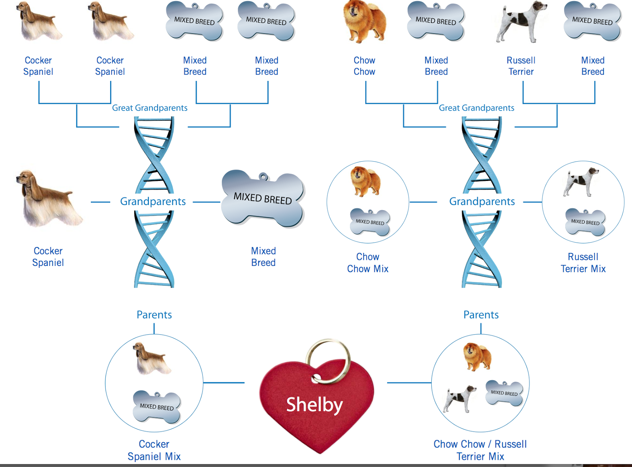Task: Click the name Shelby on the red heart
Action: (314, 405)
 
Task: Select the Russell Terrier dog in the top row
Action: (521, 22)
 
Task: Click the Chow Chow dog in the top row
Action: (365, 22)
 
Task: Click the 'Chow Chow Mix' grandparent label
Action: (368, 263)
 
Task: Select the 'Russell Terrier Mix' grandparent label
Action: (583, 263)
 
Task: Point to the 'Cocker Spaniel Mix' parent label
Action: (154, 450)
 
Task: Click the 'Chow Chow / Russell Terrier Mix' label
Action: (480, 450)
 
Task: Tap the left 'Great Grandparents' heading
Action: (150, 108)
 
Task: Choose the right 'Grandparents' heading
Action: (482, 201)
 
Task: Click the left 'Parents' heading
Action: (154, 315)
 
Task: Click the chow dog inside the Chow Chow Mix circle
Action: (366, 181)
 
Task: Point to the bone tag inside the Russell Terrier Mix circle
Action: (585, 222)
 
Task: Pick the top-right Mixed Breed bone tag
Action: (592, 21)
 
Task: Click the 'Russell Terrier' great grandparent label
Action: (521, 66)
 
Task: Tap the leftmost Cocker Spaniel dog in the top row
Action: (38, 22)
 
